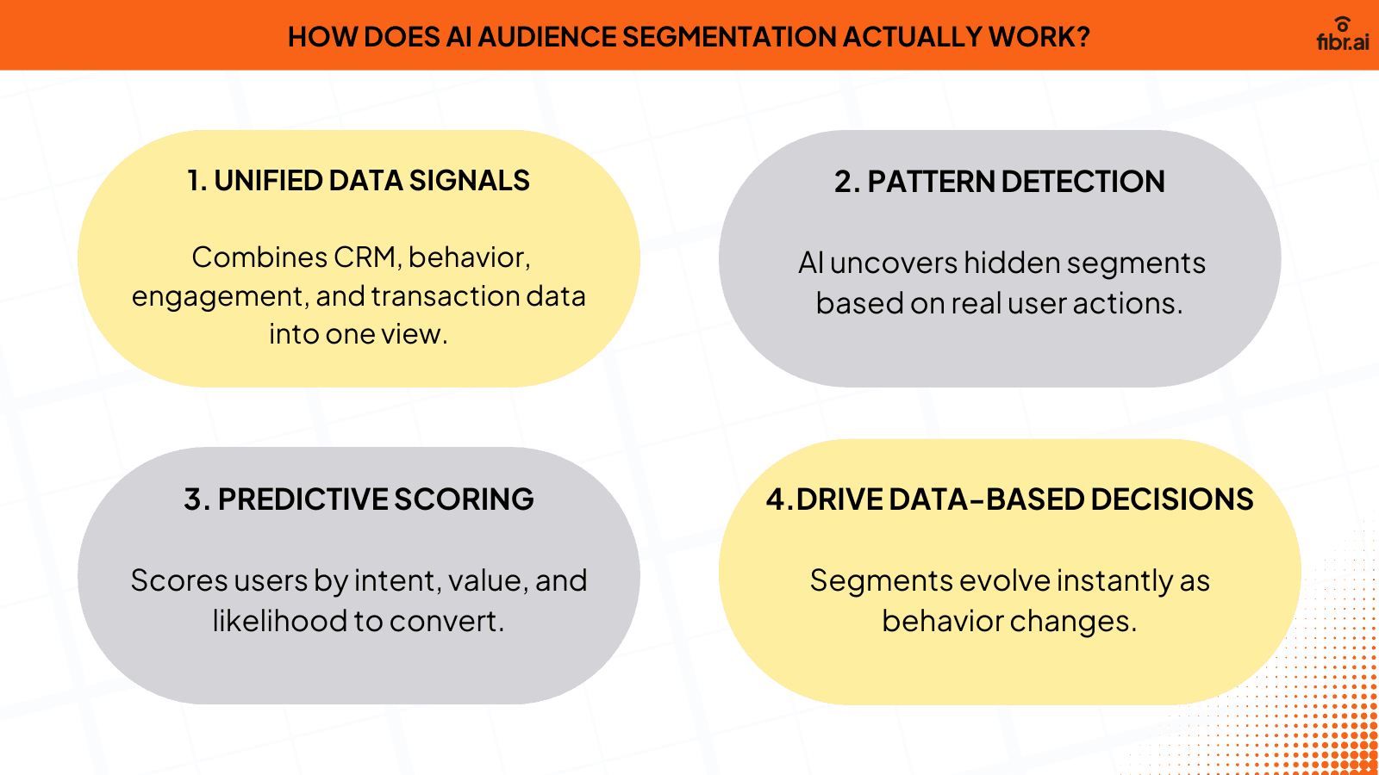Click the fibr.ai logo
pos(1342,36)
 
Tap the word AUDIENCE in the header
pos(547,37)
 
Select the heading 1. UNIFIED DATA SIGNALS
pos(359,181)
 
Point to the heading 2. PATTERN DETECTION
pos(1000,182)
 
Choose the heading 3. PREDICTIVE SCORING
pos(359,499)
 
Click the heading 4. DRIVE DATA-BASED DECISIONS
pos(1010,499)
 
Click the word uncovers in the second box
pos(893,263)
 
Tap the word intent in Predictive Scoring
pos(396,580)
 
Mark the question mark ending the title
pos(1083,37)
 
